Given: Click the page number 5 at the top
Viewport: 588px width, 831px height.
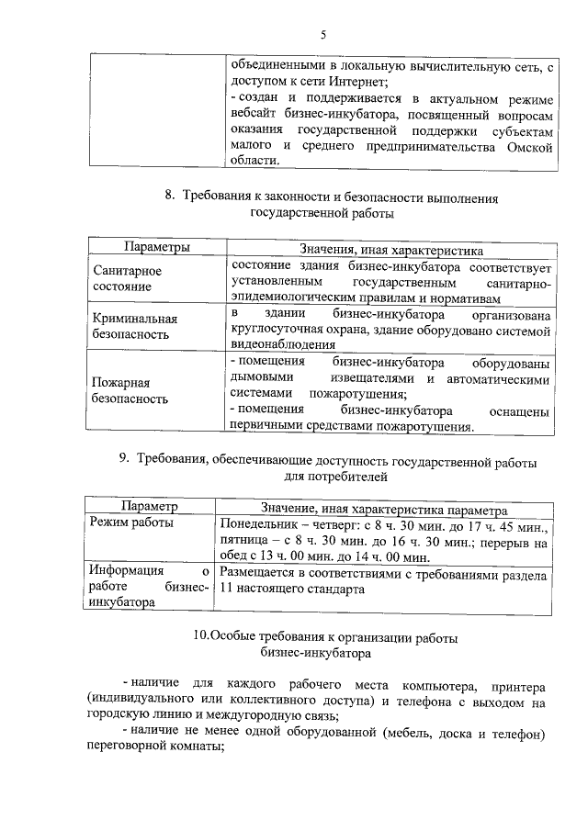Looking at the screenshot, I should [x=322, y=36].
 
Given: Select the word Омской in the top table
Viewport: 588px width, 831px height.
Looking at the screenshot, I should [x=527, y=145].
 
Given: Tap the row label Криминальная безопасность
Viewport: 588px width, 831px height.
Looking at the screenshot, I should [x=134, y=326].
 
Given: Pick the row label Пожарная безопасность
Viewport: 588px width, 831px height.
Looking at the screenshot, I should [x=130, y=390].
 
